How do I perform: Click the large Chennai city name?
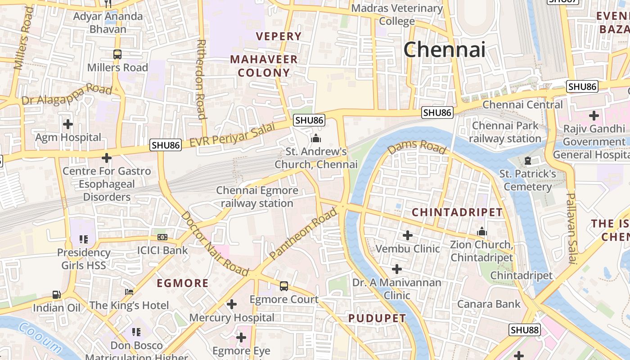[x=444, y=49]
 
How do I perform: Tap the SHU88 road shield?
[x=524, y=330]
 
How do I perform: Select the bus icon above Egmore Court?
[x=283, y=286]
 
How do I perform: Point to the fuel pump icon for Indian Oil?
[x=56, y=295]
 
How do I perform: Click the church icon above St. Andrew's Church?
[x=316, y=138]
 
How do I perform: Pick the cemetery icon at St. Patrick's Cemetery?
[x=528, y=161]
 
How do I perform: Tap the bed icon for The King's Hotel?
[x=129, y=292]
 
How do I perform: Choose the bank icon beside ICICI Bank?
[x=162, y=237]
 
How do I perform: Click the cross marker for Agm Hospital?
[x=68, y=124]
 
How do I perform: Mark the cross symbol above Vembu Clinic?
[x=407, y=235]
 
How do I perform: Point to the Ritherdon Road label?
[x=201, y=79]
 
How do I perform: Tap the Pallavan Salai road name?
[x=571, y=228]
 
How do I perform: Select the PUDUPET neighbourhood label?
[x=377, y=318]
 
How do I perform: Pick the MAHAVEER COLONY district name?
[x=264, y=66]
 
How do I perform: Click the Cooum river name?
[x=40, y=337]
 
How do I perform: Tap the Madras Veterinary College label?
[x=397, y=14]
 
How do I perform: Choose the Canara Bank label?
[x=489, y=304]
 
